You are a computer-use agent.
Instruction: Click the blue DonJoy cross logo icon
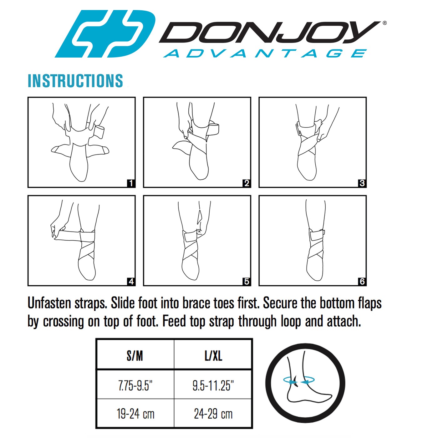pos(105,34)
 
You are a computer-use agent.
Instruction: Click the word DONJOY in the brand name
pos(269,32)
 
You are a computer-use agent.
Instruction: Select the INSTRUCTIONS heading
pos(75,81)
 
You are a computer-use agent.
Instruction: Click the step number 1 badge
pos(131,183)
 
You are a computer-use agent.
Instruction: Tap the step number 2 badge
pos(247,183)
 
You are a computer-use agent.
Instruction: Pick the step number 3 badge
pos(362,183)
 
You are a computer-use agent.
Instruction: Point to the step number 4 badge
pos(131,282)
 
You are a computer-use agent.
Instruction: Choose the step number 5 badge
pos(247,282)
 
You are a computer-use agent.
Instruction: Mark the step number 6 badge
pos(362,282)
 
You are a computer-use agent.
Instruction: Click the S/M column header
pos(135,356)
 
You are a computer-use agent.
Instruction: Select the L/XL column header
pos(213,356)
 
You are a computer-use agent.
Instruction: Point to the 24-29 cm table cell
pos(213,414)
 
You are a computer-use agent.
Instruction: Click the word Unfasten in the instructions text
pos(49,303)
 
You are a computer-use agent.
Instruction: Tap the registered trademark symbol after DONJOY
pos(385,23)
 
